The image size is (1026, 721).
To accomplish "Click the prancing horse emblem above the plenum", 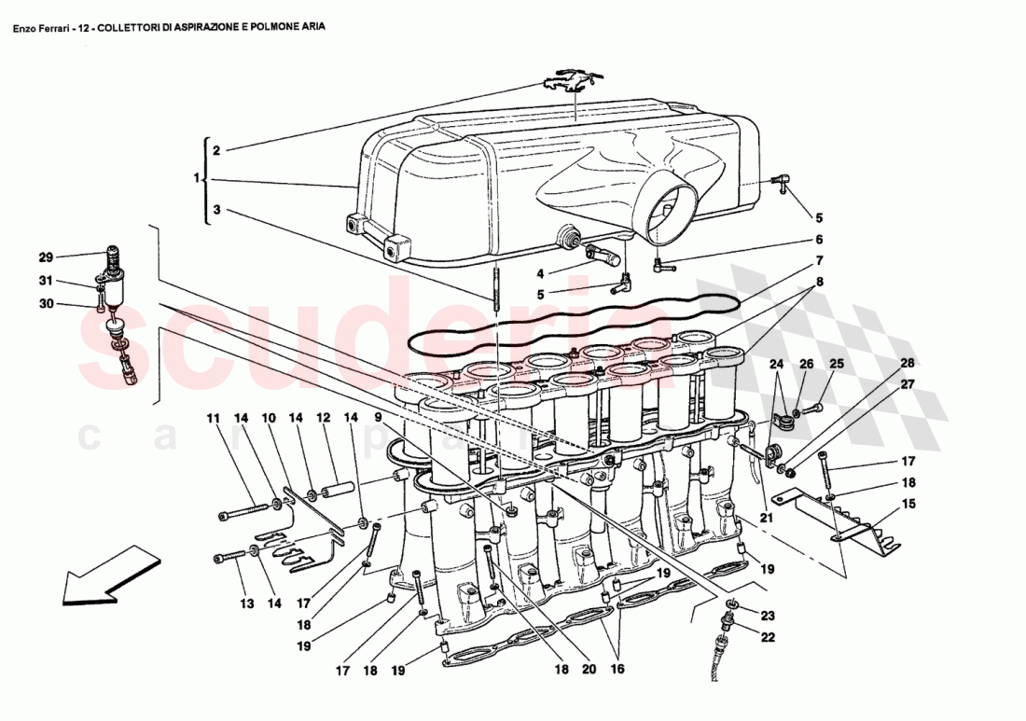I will pyautogui.click(x=566, y=81).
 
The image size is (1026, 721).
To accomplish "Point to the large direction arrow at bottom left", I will pyautogui.click(x=101, y=573).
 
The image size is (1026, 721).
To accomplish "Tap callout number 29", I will pyautogui.click(x=46, y=257).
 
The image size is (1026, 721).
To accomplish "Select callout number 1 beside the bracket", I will pyautogui.click(x=197, y=178).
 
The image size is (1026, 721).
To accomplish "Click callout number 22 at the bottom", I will pyautogui.click(x=768, y=637).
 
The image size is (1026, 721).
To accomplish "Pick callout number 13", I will pyautogui.click(x=245, y=604).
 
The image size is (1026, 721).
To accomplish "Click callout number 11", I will pyautogui.click(x=212, y=419).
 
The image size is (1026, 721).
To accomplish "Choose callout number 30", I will pyautogui.click(x=46, y=303).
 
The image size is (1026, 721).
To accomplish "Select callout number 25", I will pyautogui.click(x=837, y=364).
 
